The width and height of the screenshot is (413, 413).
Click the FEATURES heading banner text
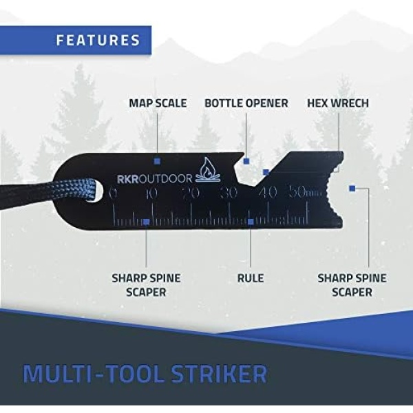click(98, 41)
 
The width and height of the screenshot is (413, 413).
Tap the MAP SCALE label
click(158, 103)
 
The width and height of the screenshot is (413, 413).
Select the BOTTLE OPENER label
click(246, 103)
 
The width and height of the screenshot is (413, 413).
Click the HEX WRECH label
click(338, 103)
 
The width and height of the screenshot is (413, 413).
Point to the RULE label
click(251, 278)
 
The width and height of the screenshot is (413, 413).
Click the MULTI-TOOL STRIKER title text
click(145, 374)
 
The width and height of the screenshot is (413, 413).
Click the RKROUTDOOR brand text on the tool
click(155, 179)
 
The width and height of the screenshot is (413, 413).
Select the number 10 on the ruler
click(151, 193)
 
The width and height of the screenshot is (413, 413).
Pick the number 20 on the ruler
click(191, 193)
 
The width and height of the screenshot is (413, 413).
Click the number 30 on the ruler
click(229, 193)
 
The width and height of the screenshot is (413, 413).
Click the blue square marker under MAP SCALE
click(157, 161)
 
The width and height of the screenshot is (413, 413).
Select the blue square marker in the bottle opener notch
click(246, 161)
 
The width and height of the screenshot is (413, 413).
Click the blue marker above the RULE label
click(251, 222)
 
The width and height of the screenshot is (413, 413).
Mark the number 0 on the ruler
click(113, 193)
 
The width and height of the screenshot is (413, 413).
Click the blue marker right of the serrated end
click(352, 189)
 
